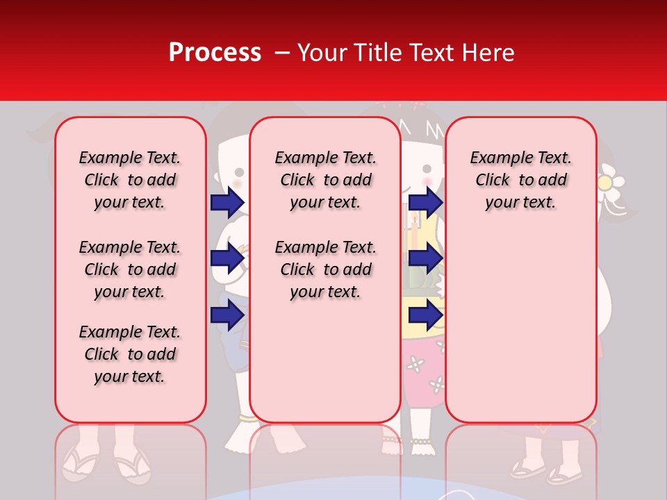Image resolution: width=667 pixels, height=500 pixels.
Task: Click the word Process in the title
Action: tap(214, 53)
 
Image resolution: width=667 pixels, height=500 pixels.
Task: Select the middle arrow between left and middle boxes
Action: tap(227, 259)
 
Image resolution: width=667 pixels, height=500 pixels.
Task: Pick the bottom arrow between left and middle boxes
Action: tap(227, 315)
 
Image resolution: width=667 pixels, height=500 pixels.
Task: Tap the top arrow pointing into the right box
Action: tap(425, 202)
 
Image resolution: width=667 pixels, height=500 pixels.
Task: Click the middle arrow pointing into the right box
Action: tap(425, 259)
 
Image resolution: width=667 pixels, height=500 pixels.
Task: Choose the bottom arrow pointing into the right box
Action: tap(425, 316)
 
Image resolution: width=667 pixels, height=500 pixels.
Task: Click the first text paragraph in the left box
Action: tap(130, 180)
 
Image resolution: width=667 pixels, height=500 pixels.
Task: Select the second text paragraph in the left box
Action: tap(130, 269)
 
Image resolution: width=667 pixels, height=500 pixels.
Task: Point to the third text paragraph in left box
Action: tap(130, 354)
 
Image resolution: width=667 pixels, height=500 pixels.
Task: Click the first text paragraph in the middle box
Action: tap(326, 180)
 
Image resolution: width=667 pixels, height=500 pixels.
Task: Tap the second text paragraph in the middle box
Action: tap(326, 269)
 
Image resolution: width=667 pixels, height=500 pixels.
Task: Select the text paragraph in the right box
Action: tap(521, 180)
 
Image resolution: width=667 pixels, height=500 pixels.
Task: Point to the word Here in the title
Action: tap(489, 53)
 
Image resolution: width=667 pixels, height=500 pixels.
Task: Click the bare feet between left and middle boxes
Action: tap(240, 434)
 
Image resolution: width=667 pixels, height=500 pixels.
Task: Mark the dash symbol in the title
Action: tap(281, 53)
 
